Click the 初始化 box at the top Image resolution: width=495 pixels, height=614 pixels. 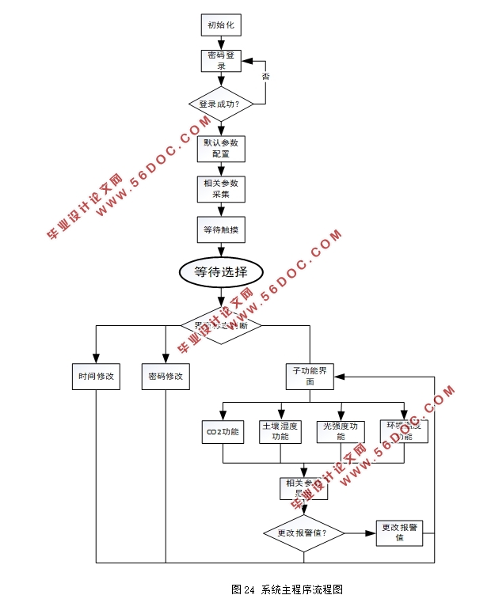coord(221,25)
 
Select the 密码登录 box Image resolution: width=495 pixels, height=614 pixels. coord(221,62)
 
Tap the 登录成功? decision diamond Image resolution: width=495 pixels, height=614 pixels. coord(221,103)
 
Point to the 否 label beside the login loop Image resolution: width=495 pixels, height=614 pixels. coord(265,76)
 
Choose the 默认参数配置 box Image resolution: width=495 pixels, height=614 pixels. coord(221,148)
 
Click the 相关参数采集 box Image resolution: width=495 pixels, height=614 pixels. coord(221,188)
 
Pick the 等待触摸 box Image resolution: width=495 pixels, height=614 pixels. coord(221,229)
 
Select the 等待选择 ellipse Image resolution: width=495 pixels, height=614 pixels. coord(221,272)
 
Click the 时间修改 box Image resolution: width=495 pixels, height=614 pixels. coord(96,377)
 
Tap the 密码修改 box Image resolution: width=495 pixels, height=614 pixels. coord(166,377)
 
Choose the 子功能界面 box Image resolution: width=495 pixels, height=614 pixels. coord(310,376)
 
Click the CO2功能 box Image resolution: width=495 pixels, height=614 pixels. coord(223,431)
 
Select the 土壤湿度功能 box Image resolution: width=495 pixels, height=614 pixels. coord(280,431)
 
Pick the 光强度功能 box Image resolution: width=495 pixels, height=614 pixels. coord(341,431)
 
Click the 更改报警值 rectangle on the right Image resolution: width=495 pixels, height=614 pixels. coord(399,533)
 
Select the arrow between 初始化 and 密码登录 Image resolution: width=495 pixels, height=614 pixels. coord(221,43)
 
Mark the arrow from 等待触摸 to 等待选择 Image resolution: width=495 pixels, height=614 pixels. coord(221,249)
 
